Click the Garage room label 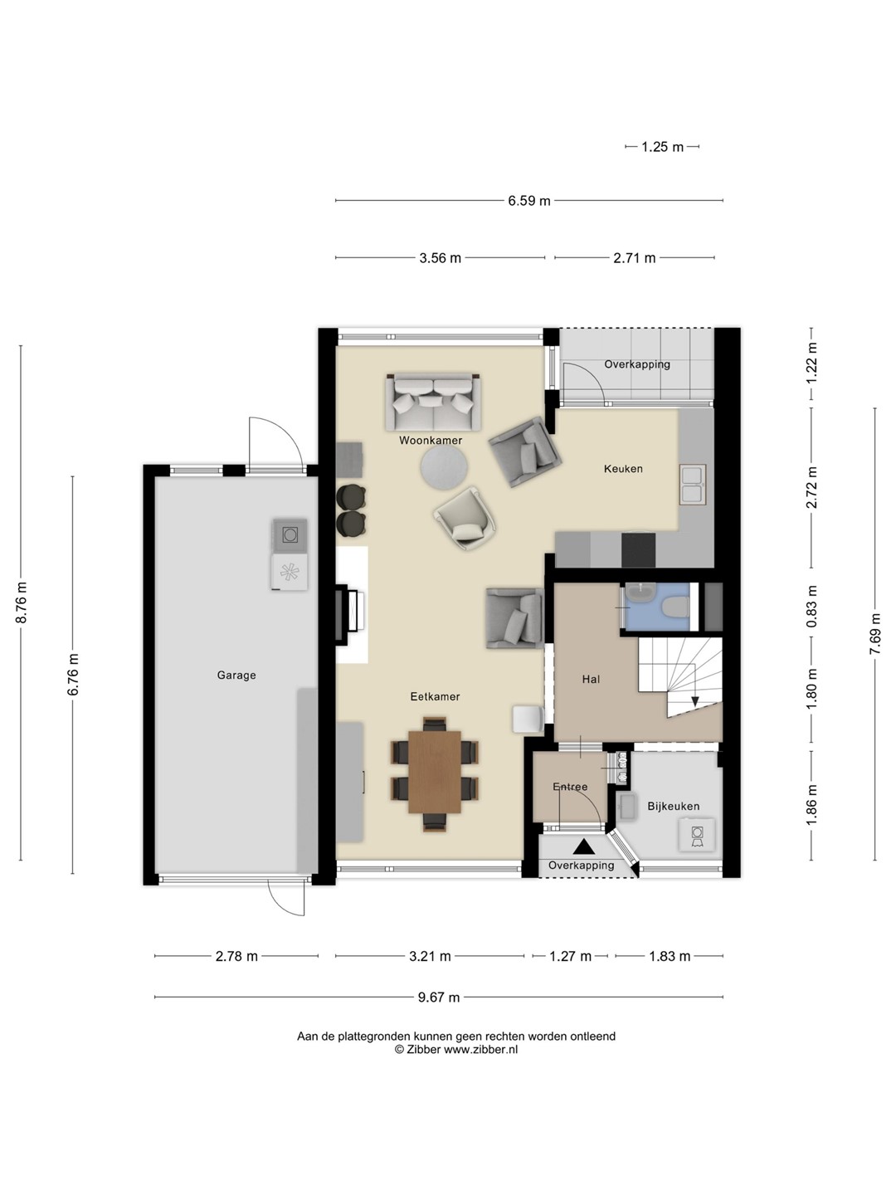click(236, 675)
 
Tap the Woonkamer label click(431, 440)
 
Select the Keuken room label click(623, 468)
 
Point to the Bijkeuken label click(673, 806)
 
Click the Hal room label click(591, 679)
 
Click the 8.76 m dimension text click(22, 602)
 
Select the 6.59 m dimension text click(528, 201)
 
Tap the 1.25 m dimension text click(662, 147)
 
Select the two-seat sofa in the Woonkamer click(433, 402)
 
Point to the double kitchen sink click(693, 484)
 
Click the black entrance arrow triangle click(583, 846)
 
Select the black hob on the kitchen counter click(639, 550)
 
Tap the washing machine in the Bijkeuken click(696, 835)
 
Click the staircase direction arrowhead click(694, 701)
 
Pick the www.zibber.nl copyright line click(456, 1050)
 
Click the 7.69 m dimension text click(875, 634)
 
